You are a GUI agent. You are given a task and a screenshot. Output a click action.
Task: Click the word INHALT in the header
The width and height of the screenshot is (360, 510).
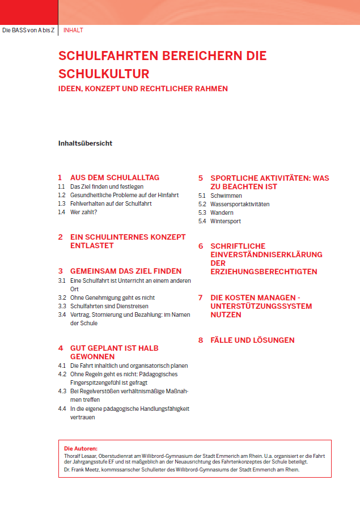pyautogui.click(x=73, y=30)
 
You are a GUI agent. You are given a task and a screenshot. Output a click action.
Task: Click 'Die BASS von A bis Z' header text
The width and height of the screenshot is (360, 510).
pyautogui.click(x=28, y=30)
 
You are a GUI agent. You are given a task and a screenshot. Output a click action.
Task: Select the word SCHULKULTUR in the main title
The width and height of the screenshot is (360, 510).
pyautogui.click(x=104, y=74)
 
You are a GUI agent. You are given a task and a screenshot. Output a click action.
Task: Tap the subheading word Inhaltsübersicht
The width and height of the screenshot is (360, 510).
pyautogui.click(x=85, y=143)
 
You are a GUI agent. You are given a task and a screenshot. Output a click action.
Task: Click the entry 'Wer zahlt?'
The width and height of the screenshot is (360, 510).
pyautogui.click(x=84, y=212)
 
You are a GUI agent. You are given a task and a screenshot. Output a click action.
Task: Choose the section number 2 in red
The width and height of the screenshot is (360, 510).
pyautogui.click(x=60, y=237)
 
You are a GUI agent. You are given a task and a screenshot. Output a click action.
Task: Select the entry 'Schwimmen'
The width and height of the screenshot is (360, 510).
pyautogui.click(x=226, y=195)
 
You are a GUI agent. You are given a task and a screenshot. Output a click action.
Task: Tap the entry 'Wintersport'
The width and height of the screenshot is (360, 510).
pyautogui.click(x=226, y=221)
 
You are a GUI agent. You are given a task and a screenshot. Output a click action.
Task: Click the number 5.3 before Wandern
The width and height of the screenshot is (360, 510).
pyautogui.click(x=202, y=212)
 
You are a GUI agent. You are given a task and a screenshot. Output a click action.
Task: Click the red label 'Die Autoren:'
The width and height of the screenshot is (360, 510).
pyautogui.click(x=81, y=448)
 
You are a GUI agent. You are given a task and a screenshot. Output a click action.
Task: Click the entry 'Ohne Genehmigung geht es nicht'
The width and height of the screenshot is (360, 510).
pyautogui.click(x=112, y=297)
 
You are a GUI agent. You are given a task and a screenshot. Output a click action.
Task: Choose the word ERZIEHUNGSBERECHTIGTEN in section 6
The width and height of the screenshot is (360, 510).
pyautogui.click(x=264, y=272)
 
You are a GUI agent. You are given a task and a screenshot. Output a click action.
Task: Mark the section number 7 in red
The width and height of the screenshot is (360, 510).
pyautogui.click(x=201, y=297)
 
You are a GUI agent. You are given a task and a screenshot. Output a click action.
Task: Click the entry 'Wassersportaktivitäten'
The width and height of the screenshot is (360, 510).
pyautogui.click(x=240, y=204)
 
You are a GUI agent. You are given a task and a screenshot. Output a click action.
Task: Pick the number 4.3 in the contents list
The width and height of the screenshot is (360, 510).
pyautogui.click(x=62, y=392)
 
